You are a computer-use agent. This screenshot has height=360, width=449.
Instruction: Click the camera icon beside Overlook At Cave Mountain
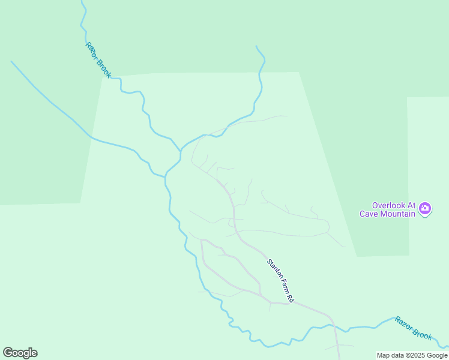(x=425, y=209)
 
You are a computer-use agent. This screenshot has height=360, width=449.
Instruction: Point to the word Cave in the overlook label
(x=369, y=214)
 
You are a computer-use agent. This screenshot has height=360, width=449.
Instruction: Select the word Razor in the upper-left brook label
(x=92, y=49)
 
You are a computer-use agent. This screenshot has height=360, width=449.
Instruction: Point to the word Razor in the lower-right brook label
(x=403, y=324)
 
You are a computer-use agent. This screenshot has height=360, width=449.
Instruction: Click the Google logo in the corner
(x=20, y=353)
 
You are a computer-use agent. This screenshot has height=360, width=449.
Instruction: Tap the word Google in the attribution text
(x=438, y=355)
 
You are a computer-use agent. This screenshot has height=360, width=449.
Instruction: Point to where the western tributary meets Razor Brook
(x=164, y=176)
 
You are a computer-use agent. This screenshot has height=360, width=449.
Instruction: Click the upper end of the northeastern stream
(x=256, y=46)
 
